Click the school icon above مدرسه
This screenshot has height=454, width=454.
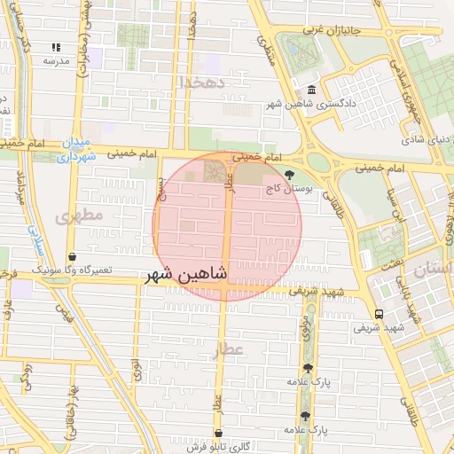point(56,47)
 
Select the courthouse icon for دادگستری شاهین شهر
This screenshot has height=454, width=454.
point(311,90)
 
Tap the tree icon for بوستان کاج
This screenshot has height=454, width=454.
point(290,176)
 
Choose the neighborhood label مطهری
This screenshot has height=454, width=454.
point(80,215)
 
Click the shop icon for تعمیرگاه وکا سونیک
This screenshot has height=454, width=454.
point(71,257)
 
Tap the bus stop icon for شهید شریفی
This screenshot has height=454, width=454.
point(380,314)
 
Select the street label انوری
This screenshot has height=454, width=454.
point(136,370)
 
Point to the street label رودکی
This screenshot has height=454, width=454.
point(26,377)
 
